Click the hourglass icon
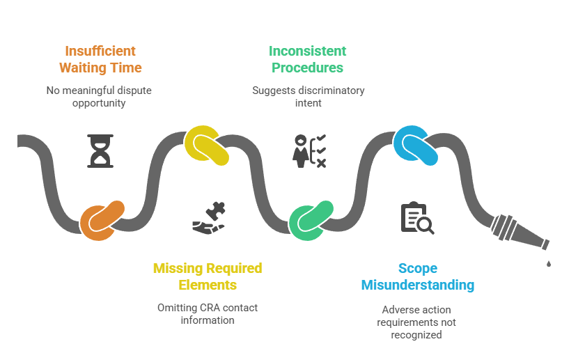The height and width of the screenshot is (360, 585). pyautogui.click(x=100, y=151)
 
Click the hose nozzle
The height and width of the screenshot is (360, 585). pyautogui.click(x=519, y=233)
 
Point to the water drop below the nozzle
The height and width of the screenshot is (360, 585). pyautogui.click(x=549, y=263)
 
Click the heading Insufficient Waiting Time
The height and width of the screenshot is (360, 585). pyautogui.click(x=100, y=59)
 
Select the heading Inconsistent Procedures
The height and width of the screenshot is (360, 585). pyautogui.click(x=308, y=59)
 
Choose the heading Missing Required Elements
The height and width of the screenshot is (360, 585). pyautogui.click(x=208, y=276)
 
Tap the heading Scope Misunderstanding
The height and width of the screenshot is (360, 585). pyautogui.click(x=417, y=276)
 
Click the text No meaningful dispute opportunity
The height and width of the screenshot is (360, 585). pyautogui.click(x=99, y=96)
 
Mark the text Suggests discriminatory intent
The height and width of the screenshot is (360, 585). pyautogui.click(x=308, y=96)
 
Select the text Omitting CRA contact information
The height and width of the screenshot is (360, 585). pyautogui.click(x=208, y=313)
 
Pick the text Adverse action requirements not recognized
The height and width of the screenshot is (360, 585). pyautogui.click(x=417, y=322)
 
